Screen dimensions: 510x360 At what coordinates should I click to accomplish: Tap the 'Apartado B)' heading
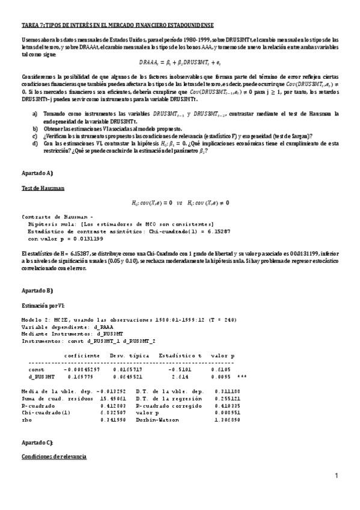[x=38, y=290]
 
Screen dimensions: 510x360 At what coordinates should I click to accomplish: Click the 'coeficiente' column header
[x=82, y=355]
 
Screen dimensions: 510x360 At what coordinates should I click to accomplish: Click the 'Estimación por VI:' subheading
[x=41, y=306]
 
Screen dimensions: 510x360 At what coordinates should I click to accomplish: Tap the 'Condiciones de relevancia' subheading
[x=54, y=457]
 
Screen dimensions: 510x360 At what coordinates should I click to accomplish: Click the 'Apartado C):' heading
[x=38, y=442]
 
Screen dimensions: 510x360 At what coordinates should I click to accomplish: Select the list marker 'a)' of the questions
[x=35, y=114]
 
